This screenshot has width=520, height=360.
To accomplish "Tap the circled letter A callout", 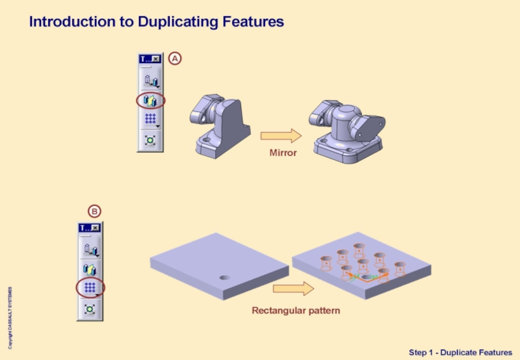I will (175, 58).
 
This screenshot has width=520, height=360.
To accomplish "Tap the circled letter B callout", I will (94, 211).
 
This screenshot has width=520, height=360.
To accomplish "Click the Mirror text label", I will (283, 153).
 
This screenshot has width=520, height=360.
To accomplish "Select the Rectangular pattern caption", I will (296, 311).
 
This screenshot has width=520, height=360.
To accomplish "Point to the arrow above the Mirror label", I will (281, 136).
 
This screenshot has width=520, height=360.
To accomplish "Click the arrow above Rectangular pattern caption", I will (293, 289).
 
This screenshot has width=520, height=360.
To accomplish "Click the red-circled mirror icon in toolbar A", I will (151, 101).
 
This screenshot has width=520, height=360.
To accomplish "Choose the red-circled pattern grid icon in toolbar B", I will (90, 287).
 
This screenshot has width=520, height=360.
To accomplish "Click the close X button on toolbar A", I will (156, 58).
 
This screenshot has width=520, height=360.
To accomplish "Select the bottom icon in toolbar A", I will (151, 140).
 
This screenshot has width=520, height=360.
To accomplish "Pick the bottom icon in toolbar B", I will (90, 309).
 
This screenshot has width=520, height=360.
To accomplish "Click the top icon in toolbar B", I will (90, 248).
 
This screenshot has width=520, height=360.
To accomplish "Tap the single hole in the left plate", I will (224, 277).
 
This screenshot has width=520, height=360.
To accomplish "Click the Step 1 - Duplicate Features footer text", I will (460, 352).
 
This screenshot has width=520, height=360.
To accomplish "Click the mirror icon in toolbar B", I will (90, 267).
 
